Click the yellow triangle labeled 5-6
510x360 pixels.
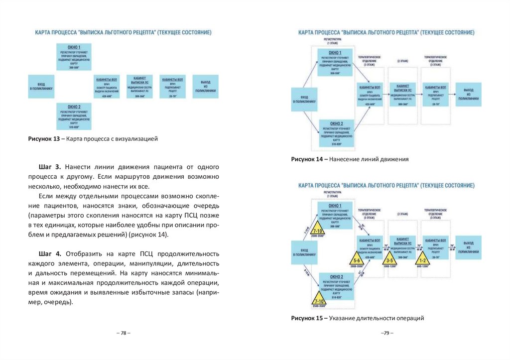tap(357, 260)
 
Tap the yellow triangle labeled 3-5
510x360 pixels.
tap(390, 260)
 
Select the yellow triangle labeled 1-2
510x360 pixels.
tap(423, 260)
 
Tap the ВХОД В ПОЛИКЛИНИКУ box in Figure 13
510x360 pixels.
tap(41, 86)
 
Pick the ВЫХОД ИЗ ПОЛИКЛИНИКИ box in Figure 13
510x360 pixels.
tap(205, 86)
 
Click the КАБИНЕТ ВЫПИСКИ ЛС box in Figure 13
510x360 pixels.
tap(140, 86)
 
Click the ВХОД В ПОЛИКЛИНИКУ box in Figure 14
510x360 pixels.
tap(304, 98)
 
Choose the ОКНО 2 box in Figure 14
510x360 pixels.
tap(336, 132)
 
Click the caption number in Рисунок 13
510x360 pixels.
tap(56, 139)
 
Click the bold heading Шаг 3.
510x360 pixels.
tap(49, 166)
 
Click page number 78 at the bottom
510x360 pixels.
tap(123, 333)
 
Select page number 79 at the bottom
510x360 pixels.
tap(387, 333)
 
